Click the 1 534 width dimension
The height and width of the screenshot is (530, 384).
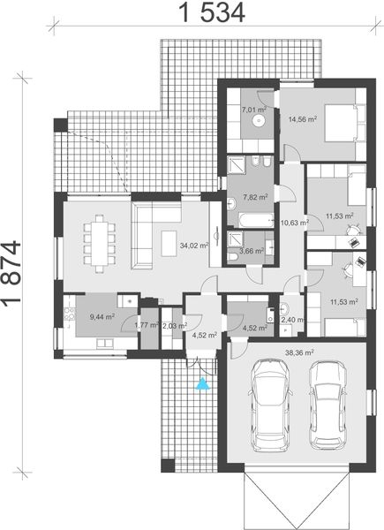(x=211, y=12)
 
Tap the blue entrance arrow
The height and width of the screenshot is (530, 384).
(x=204, y=383)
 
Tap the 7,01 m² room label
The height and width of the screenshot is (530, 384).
(x=255, y=110)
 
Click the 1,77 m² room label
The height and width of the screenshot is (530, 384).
(x=146, y=325)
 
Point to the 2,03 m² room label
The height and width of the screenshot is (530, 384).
(x=173, y=325)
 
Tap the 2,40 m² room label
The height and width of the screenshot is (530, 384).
(x=293, y=320)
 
